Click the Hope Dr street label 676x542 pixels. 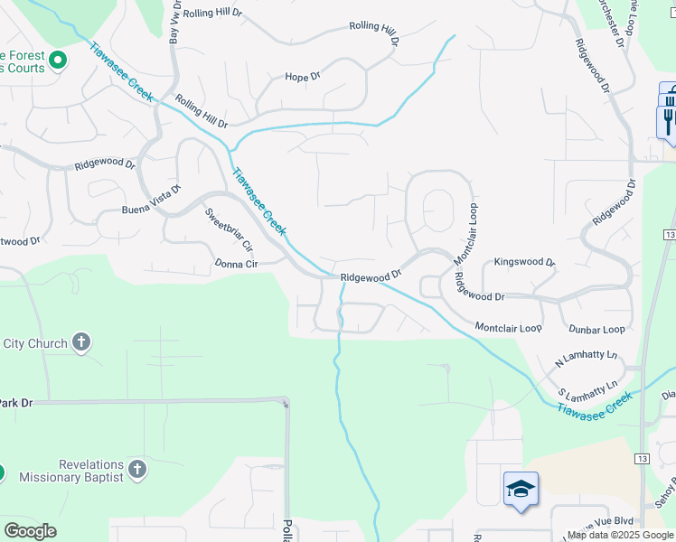pos(303,77)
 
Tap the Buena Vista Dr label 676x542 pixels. pos(152,201)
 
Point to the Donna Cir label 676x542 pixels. pos(237,265)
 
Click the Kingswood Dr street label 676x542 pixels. pos(525,262)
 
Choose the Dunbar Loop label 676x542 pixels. pos(596,330)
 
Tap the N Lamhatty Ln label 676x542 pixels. pos(586,359)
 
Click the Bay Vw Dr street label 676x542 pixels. pos(174,23)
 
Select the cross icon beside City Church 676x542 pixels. pos(81,342)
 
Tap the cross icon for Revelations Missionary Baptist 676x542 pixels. pos(136,469)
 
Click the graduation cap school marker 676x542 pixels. pos(521,490)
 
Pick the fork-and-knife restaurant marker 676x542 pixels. pos(669,118)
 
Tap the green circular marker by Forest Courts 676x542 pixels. pos(58,61)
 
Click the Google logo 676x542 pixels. pos(30,531)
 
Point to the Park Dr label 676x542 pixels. pos(15,403)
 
